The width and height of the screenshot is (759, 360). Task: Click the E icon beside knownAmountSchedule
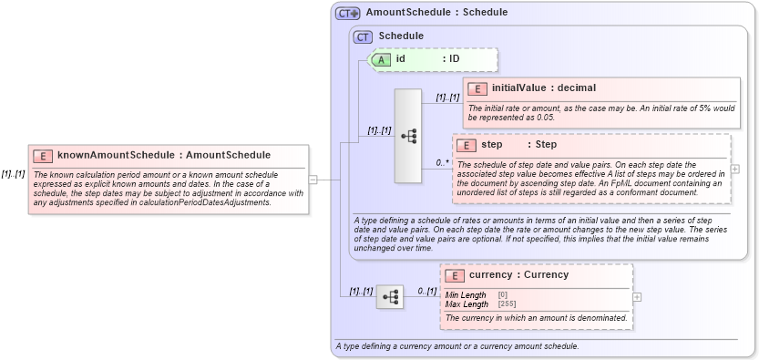[x=43, y=156]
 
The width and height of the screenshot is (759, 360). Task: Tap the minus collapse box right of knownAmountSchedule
[x=313, y=180]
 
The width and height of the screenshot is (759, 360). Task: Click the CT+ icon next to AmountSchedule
[x=348, y=14]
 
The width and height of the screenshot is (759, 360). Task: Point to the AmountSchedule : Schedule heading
[x=436, y=13]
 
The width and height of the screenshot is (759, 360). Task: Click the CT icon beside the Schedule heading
[x=364, y=36]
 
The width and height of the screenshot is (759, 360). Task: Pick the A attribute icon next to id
[x=383, y=59]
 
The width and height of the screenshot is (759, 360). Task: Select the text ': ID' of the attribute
[x=451, y=59]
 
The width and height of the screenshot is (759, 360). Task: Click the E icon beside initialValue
[x=477, y=88]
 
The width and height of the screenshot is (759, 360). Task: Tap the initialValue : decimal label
[x=543, y=88]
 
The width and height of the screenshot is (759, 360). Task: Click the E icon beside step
[x=466, y=145]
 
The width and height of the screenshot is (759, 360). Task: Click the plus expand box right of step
[x=735, y=169]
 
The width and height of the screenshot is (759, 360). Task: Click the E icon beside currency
[x=454, y=275]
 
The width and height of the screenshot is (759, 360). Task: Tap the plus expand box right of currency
[x=637, y=296]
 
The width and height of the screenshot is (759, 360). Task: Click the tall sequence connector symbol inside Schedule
[x=407, y=136]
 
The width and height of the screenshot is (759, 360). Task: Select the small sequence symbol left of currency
[x=390, y=296]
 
